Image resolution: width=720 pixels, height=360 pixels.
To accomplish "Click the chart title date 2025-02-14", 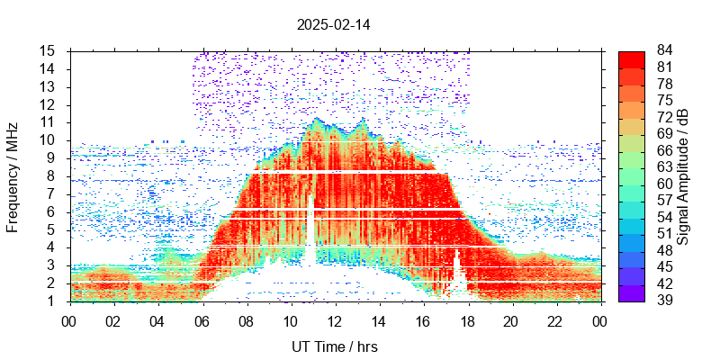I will (333, 24).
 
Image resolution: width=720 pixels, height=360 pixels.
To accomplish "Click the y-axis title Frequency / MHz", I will (13, 175).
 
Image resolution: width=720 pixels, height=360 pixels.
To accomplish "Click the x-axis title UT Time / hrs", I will (335, 346).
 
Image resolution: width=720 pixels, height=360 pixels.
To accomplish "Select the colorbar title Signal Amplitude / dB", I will (683, 175).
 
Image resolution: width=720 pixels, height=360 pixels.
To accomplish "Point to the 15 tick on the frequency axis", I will (49, 50).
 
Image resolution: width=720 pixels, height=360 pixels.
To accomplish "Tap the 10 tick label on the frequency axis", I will (49, 140).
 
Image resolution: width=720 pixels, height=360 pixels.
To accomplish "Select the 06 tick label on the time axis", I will (202, 319).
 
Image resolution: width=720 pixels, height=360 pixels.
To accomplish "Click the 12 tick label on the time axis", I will (335, 319).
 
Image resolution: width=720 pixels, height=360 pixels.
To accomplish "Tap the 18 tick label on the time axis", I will (467, 319).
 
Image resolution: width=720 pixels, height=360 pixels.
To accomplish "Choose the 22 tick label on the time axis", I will (555, 319).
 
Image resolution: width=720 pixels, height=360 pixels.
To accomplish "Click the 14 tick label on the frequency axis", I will (49, 68).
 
